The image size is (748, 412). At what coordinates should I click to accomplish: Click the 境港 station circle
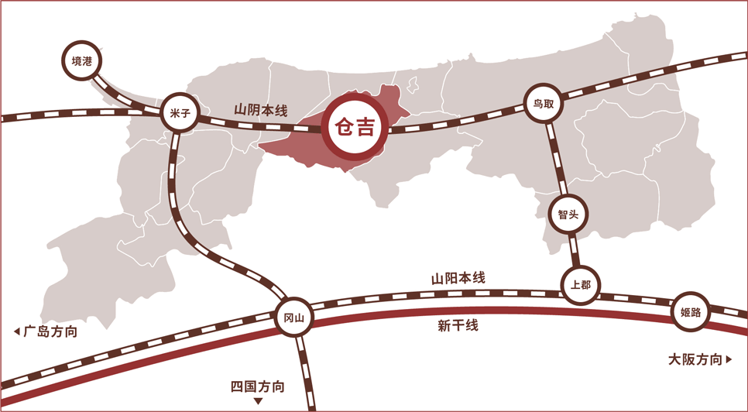[x=82, y=60]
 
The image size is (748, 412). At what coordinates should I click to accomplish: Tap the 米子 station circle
[x=180, y=112]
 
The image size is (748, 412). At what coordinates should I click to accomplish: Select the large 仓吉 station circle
[x=355, y=127]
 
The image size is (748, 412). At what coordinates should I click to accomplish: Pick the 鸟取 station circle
[x=544, y=103]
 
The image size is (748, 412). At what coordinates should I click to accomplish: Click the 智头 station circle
[x=568, y=214]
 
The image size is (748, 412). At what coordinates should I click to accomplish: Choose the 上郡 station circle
[x=581, y=285]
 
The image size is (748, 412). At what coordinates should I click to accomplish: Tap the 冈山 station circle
[x=294, y=317]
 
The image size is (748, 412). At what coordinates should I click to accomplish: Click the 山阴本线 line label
[x=261, y=110]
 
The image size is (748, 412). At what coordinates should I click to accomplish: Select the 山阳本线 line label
[x=458, y=278]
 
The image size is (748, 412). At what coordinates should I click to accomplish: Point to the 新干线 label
[x=458, y=326]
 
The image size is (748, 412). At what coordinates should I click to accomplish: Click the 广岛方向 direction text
[x=50, y=331]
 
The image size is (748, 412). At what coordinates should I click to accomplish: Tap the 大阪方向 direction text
[x=695, y=359]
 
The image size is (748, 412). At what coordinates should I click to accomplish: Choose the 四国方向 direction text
[x=258, y=386]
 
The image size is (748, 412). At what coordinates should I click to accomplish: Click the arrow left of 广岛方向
[x=17, y=331]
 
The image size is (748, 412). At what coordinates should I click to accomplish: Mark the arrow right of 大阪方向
[x=729, y=359]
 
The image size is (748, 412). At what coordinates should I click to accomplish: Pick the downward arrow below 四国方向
[x=258, y=401]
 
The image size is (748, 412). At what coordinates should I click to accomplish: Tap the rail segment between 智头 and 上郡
[x=574, y=250]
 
